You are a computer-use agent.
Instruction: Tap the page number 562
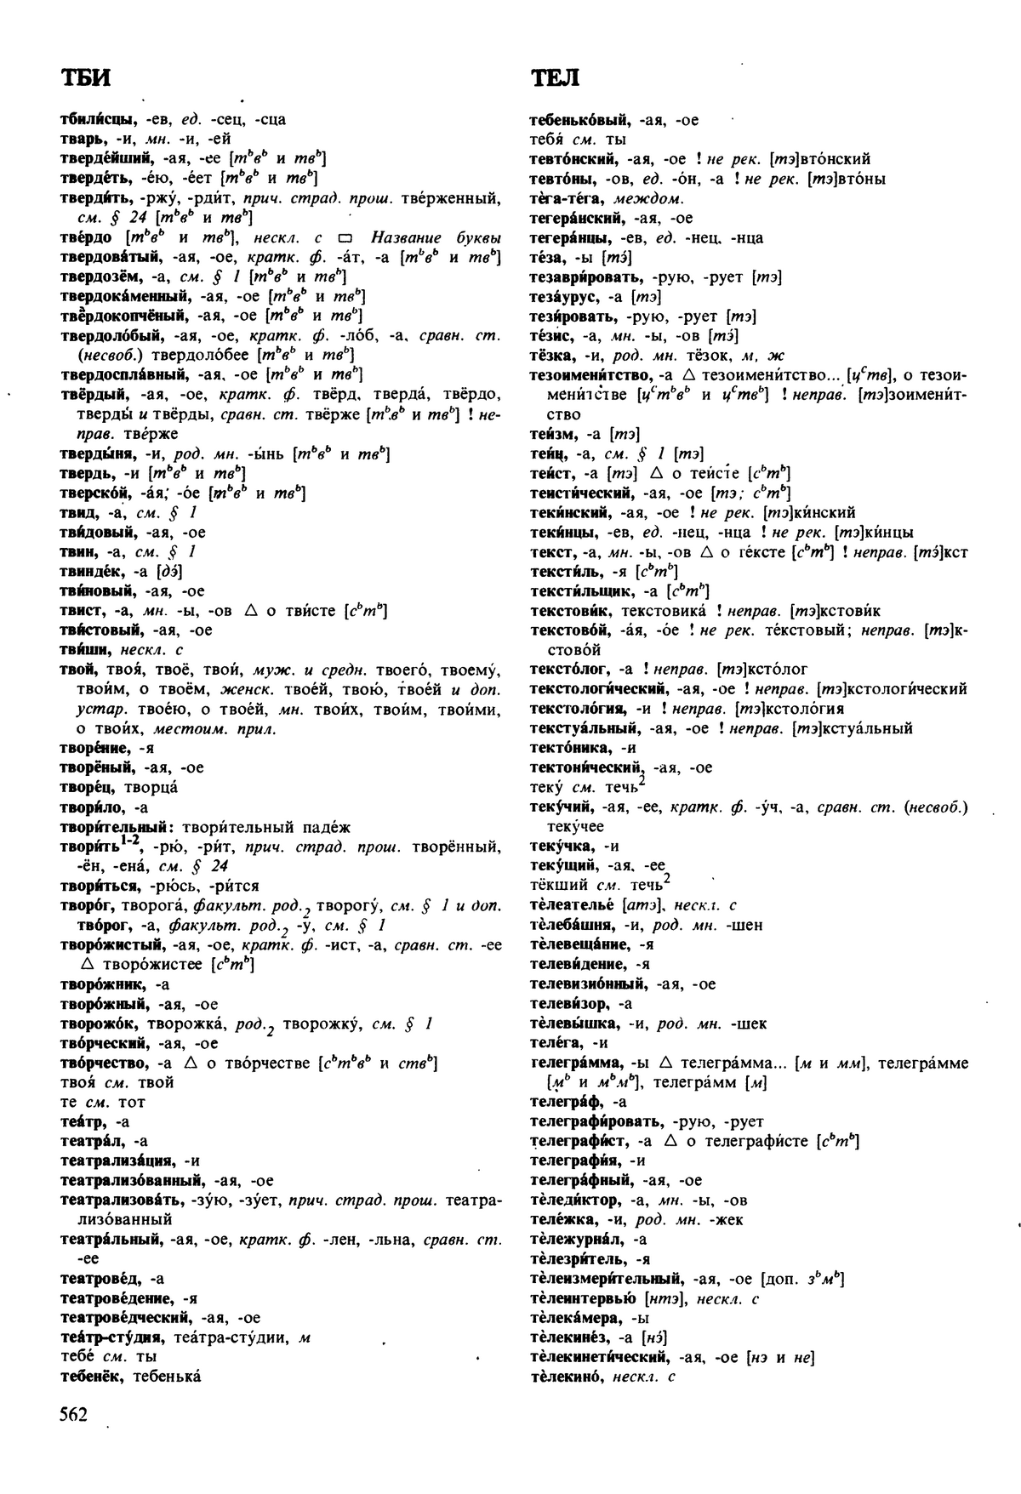click(x=74, y=1414)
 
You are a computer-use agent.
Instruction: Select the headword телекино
click(x=565, y=1377)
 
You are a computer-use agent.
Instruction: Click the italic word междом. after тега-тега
click(x=654, y=199)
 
